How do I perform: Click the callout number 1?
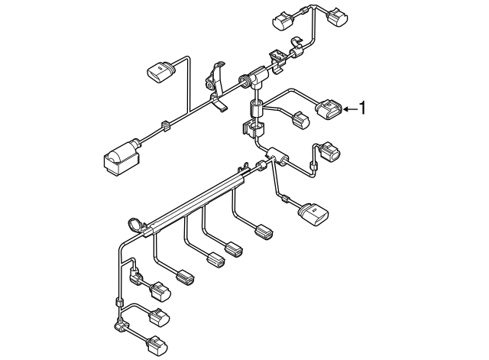363,109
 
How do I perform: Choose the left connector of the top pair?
286,21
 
